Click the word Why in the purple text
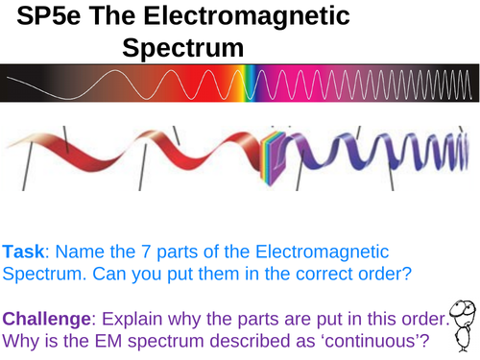coord(20,341)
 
